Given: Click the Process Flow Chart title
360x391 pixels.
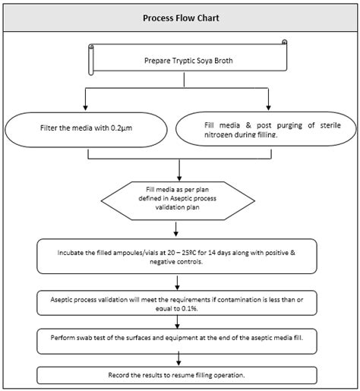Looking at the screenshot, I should coord(179,19).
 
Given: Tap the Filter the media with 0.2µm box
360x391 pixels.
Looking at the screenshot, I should coord(89,129).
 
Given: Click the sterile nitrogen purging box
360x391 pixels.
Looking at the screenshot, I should coord(266,129).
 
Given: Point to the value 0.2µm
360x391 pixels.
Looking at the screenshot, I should coord(129,129).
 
